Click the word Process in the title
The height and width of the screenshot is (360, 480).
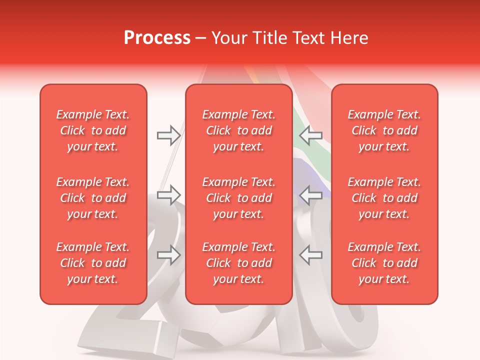(157, 38)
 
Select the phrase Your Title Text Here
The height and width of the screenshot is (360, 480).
(289, 38)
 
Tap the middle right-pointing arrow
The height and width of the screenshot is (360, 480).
(168, 195)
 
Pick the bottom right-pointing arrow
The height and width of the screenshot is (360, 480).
(168, 255)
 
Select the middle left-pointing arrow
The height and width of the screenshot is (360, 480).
(310, 195)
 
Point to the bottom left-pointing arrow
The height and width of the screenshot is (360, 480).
(310, 255)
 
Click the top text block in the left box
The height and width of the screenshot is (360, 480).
(93, 130)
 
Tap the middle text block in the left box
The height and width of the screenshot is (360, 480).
(93, 198)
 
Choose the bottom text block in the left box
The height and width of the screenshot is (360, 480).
(93, 263)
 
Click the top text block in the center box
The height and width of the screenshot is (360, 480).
(239, 130)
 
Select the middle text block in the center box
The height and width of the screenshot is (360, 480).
(239, 198)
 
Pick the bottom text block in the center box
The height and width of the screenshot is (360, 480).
(239, 263)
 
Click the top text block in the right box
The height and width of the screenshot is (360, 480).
(384, 130)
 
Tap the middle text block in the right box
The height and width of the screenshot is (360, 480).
(384, 198)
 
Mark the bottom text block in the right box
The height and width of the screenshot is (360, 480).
(384, 263)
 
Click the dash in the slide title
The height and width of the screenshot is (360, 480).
(201, 38)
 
